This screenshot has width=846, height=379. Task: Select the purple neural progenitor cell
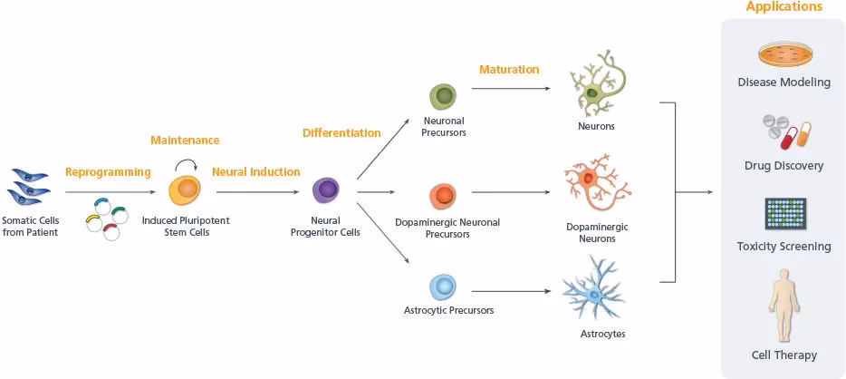326,190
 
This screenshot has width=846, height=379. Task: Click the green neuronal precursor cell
443,96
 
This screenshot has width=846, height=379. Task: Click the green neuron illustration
596,86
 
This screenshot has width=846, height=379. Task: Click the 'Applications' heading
784,7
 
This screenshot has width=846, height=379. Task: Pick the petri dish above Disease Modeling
784,55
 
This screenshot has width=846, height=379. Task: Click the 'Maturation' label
508,70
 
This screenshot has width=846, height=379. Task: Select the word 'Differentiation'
341,133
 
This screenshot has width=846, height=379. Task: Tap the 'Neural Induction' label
255,171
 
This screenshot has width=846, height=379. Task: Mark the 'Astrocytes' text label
602,334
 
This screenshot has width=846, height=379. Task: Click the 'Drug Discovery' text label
784,166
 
